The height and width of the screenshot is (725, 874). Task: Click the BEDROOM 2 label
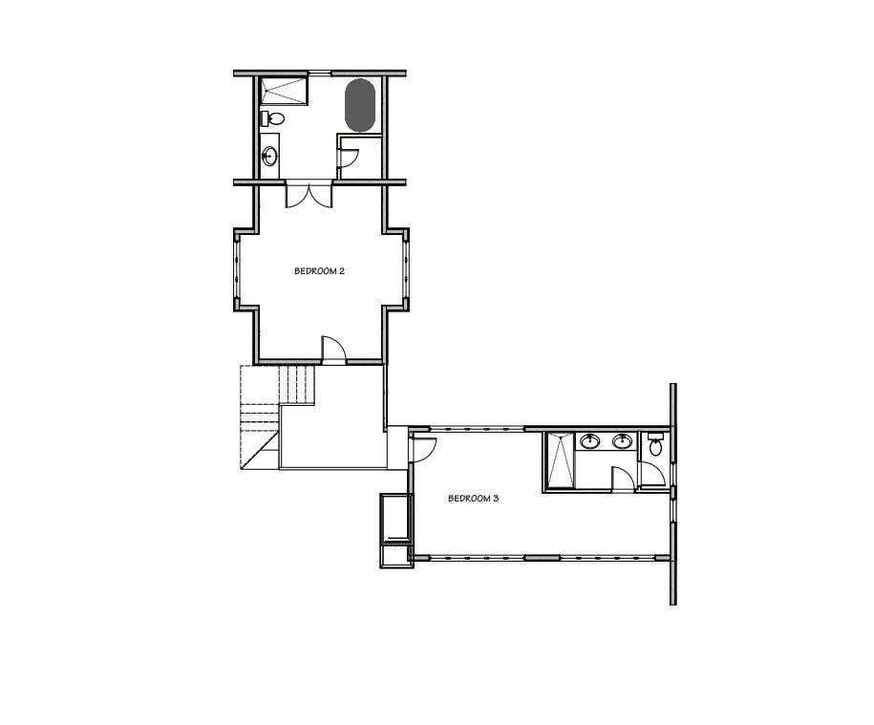pos(318,271)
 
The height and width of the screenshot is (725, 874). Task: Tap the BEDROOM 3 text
pos(474,498)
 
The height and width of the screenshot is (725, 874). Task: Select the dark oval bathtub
pos(359,105)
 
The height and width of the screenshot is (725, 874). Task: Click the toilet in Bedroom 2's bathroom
pos(272,118)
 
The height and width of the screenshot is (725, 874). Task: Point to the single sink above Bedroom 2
pos(270,156)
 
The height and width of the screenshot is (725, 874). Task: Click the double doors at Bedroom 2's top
pos(309,195)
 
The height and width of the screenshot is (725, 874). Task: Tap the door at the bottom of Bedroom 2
pos(334,351)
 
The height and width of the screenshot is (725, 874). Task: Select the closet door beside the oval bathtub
pos(349,157)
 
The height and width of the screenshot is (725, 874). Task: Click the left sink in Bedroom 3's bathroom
pos(589,441)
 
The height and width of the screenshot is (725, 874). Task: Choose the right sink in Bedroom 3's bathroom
pos(622,441)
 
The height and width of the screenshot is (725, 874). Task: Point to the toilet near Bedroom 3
pos(655,445)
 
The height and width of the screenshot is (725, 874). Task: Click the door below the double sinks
pos(622,480)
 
